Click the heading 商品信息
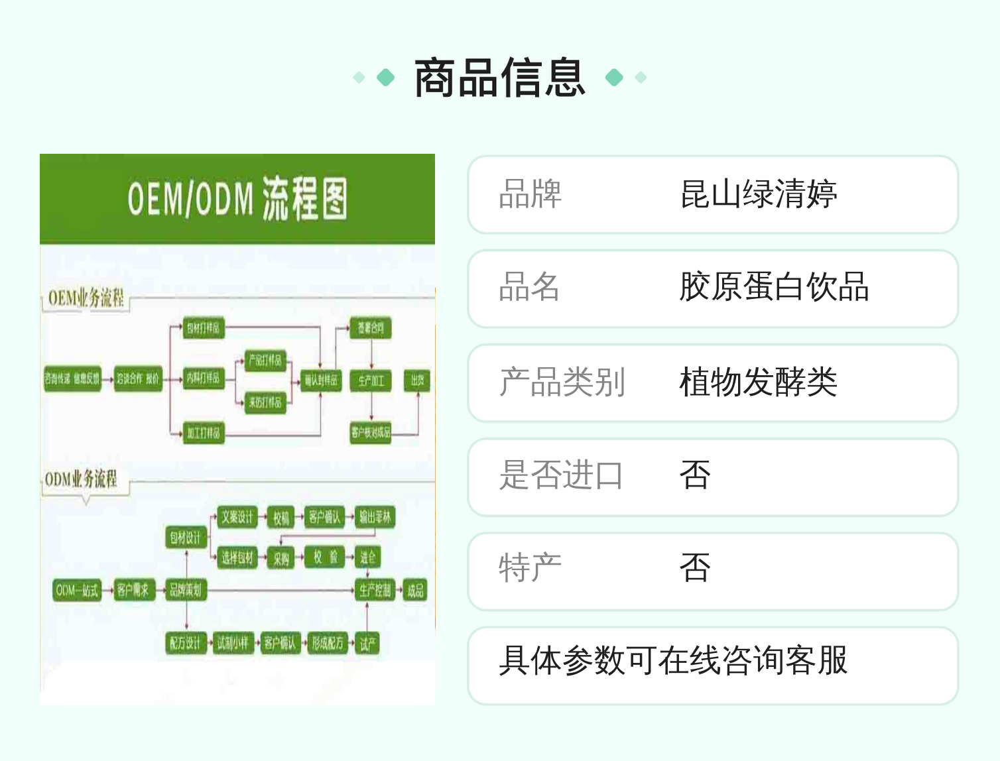(x=500, y=78)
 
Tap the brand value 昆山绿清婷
(x=758, y=194)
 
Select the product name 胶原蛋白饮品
(x=774, y=288)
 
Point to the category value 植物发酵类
(x=758, y=382)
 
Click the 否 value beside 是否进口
(x=695, y=475)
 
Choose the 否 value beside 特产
(x=695, y=569)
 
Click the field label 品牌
(x=530, y=194)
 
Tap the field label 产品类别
(x=562, y=382)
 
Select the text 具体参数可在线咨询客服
(x=672, y=660)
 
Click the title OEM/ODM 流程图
(x=237, y=198)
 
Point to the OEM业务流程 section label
(x=86, y=298)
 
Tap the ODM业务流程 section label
(x=81, y=479)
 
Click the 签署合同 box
(x=371, y=328)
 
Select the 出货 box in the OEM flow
(x=417, y=380)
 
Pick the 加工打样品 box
(x=203, y=433)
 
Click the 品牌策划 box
(x=185, y=589)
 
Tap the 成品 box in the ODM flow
(x=415, y=590)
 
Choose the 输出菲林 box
(x=375, y=517)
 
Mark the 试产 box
(x=368, y=643)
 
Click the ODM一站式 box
(x=77, y=590)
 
